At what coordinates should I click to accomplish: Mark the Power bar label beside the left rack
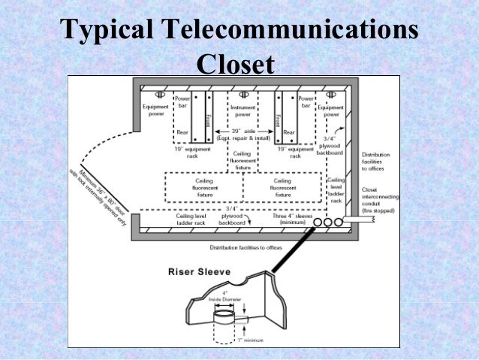[x=183, y=103]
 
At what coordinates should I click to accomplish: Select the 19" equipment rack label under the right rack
[x=295, y=153]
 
